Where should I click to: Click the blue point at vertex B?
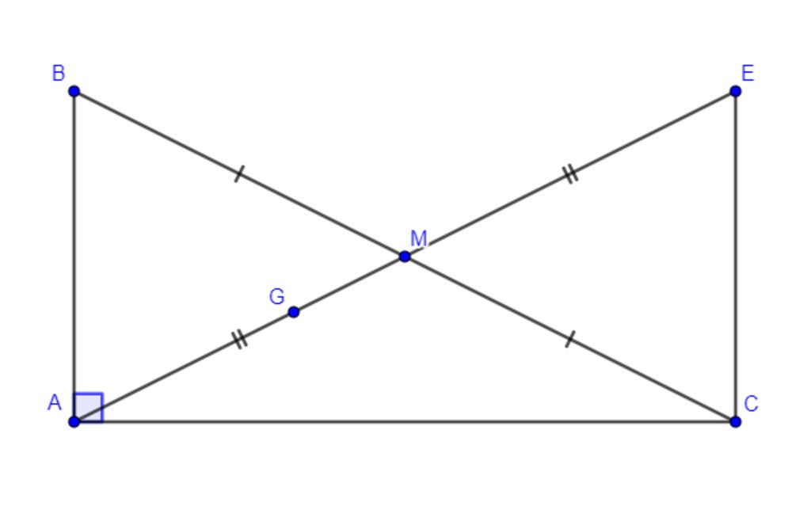click(x=74, y=92)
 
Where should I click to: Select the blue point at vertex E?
click(x=735, y=92)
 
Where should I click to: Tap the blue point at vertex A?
click(x=74, y=421)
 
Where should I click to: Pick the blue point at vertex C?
click(x=735, y=421)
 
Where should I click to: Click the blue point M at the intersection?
click(x=405, y=256)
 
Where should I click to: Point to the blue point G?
click(x=293, y=312)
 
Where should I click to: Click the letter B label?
click(x=59, y=73)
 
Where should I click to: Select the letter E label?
click(x=748, y=73)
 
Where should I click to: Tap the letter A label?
click(x=55, y=402)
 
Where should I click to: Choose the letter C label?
click(x=751, y=403)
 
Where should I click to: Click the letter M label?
click(x=418, y=238)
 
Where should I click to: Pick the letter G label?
click(x=276, y=296)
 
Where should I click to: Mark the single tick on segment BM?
click(x=238, y=173)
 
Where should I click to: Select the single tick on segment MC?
click(x=569, y=339)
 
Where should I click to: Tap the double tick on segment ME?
click(x=570, y=173)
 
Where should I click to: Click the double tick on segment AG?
click(x=239, y=340)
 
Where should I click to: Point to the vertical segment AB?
click(x=74, y=257)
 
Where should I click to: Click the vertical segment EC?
click(x=735, y=257)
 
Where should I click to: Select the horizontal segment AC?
click(x=405, y=421)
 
